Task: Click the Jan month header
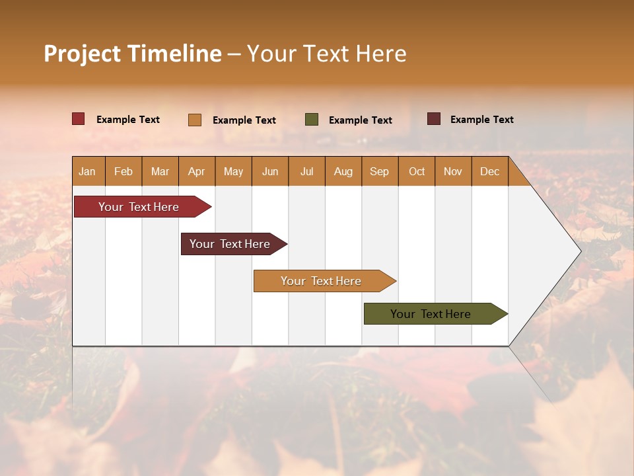(87, 171)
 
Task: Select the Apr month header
(196, 171)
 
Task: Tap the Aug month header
(343, 171)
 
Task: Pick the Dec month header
(489, 171)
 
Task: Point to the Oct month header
(417, 171)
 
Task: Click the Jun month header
(270, 171)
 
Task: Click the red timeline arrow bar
(139, 207)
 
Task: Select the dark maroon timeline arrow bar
(230, 244)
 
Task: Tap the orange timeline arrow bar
(321, 281)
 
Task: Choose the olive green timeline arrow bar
(431, 314)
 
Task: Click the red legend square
(78, 119)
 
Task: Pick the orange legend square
(195, 120)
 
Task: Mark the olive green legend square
(312, 120)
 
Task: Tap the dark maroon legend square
(433, 119)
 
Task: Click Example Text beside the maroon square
(481, 119)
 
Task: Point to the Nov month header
(452, 171)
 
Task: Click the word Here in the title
(381, 54)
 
